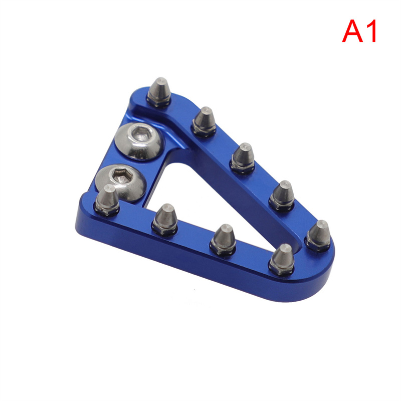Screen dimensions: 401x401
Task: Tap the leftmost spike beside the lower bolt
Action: [x=107, y=200]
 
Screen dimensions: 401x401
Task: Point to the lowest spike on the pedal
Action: [x=282, y=259]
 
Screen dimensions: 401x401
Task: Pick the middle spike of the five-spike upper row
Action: [x=243, y=158]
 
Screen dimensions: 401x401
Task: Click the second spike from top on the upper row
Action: [x=204, y=121]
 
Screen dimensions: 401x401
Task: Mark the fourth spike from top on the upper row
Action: [x=282, y=195]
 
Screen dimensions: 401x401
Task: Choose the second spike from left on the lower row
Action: [x=165, y=219]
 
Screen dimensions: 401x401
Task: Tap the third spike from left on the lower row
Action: [x=223, y=240]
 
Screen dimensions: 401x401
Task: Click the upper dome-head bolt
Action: [x=139, y=141]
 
